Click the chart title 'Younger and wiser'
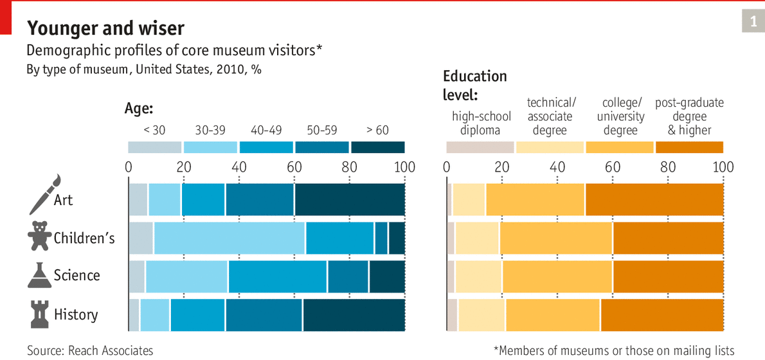pos(105,28)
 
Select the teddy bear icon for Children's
pos(39,236)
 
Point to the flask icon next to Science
pos(39,274)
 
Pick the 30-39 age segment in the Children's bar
pos(229,238)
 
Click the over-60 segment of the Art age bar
pos(350,199)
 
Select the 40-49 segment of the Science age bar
pos(278,276)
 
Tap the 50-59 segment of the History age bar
pos(264,315)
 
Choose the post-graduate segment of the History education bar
pos(662,315)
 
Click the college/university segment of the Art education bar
pos(535,199)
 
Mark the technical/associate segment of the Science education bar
pos(478,276)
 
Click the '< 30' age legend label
pos(154,130)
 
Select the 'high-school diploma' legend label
pos(481,123)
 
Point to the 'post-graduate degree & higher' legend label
pos(689,116)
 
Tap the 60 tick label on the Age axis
pos(294,167)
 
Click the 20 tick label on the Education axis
pos(501,167)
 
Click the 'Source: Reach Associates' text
pos(90,350)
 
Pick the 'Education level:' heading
pos(475,85)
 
